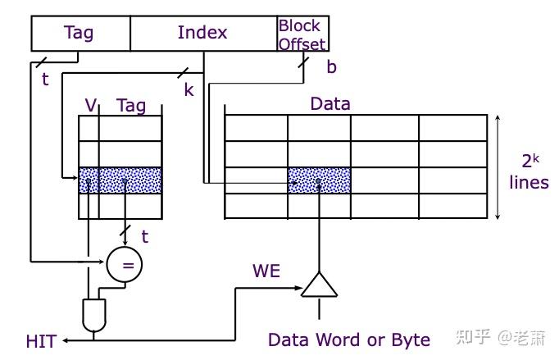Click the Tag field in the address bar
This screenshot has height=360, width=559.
click(80, 34)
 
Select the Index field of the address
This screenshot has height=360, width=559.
click(202, 34)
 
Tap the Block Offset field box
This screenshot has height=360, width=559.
click(302, 34)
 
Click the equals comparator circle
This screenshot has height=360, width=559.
click(125, 264)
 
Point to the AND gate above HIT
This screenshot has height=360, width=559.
click(94, 315)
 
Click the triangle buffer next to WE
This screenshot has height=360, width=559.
click(319, 285)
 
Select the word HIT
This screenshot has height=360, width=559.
click(41, 340)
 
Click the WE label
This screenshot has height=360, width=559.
click(266, 271)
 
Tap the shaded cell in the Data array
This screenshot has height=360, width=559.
click(319, 180)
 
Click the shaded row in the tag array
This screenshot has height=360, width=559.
click(120, 180)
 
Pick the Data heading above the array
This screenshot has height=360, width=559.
click(329, 104)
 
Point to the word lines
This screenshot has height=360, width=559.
click(529, 182)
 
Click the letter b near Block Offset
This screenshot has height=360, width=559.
click(331, 67)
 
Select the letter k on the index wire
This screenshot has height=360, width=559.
click(189, 89)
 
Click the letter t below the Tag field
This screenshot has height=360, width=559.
click(44, 79)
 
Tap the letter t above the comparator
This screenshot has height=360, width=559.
click(145, 237)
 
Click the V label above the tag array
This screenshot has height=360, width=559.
click(91, 105)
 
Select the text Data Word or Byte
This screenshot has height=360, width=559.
click(349, 339)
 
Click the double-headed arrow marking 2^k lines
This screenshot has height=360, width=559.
click(498, 167)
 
